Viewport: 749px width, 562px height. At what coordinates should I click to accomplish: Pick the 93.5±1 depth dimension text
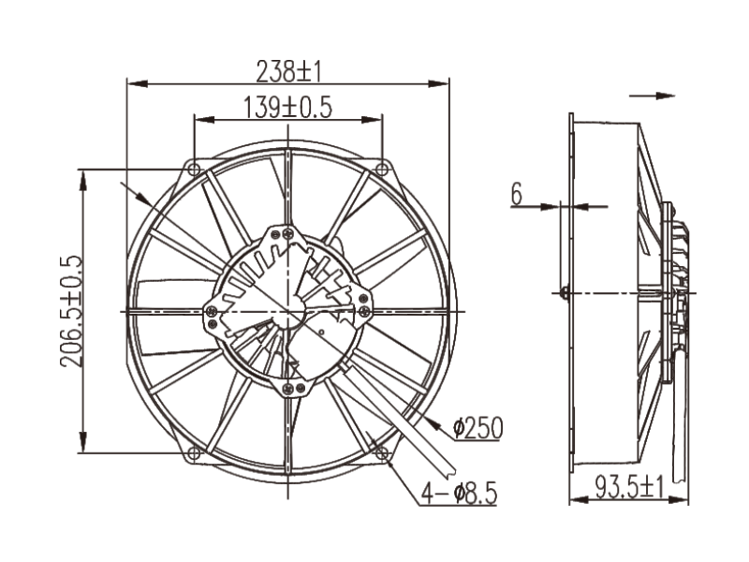629,487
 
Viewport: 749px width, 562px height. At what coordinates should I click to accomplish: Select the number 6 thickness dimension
516,194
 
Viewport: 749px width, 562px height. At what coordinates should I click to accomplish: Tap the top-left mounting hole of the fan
193,168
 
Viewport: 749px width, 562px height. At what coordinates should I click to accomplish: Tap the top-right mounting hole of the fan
382,168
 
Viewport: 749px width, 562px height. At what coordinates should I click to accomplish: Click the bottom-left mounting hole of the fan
193,454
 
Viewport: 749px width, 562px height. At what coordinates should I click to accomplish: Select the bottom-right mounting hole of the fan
382,454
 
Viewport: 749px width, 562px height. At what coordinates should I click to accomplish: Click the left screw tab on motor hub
213,311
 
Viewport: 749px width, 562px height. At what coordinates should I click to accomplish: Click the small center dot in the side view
564,292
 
